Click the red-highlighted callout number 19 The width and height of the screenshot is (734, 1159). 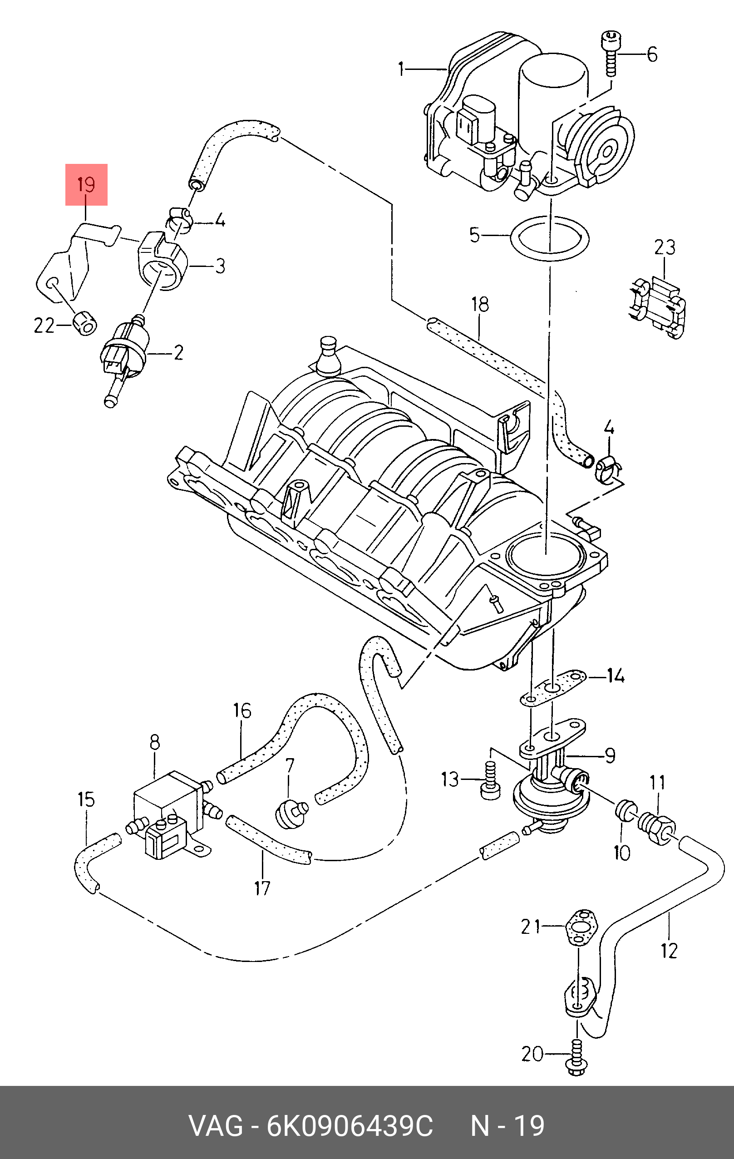pos(86,184)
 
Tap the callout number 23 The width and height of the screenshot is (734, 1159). pos(664,247)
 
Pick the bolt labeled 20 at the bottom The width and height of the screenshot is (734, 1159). pos(576,1058)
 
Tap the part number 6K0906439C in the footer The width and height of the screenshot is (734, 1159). pos(350,1126)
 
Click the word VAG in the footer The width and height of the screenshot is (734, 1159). pos(216,1126)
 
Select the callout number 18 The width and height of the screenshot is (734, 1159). pos(480,304)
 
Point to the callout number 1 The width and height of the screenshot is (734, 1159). pos(401,69)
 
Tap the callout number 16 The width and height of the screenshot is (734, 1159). pos(242,710)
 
